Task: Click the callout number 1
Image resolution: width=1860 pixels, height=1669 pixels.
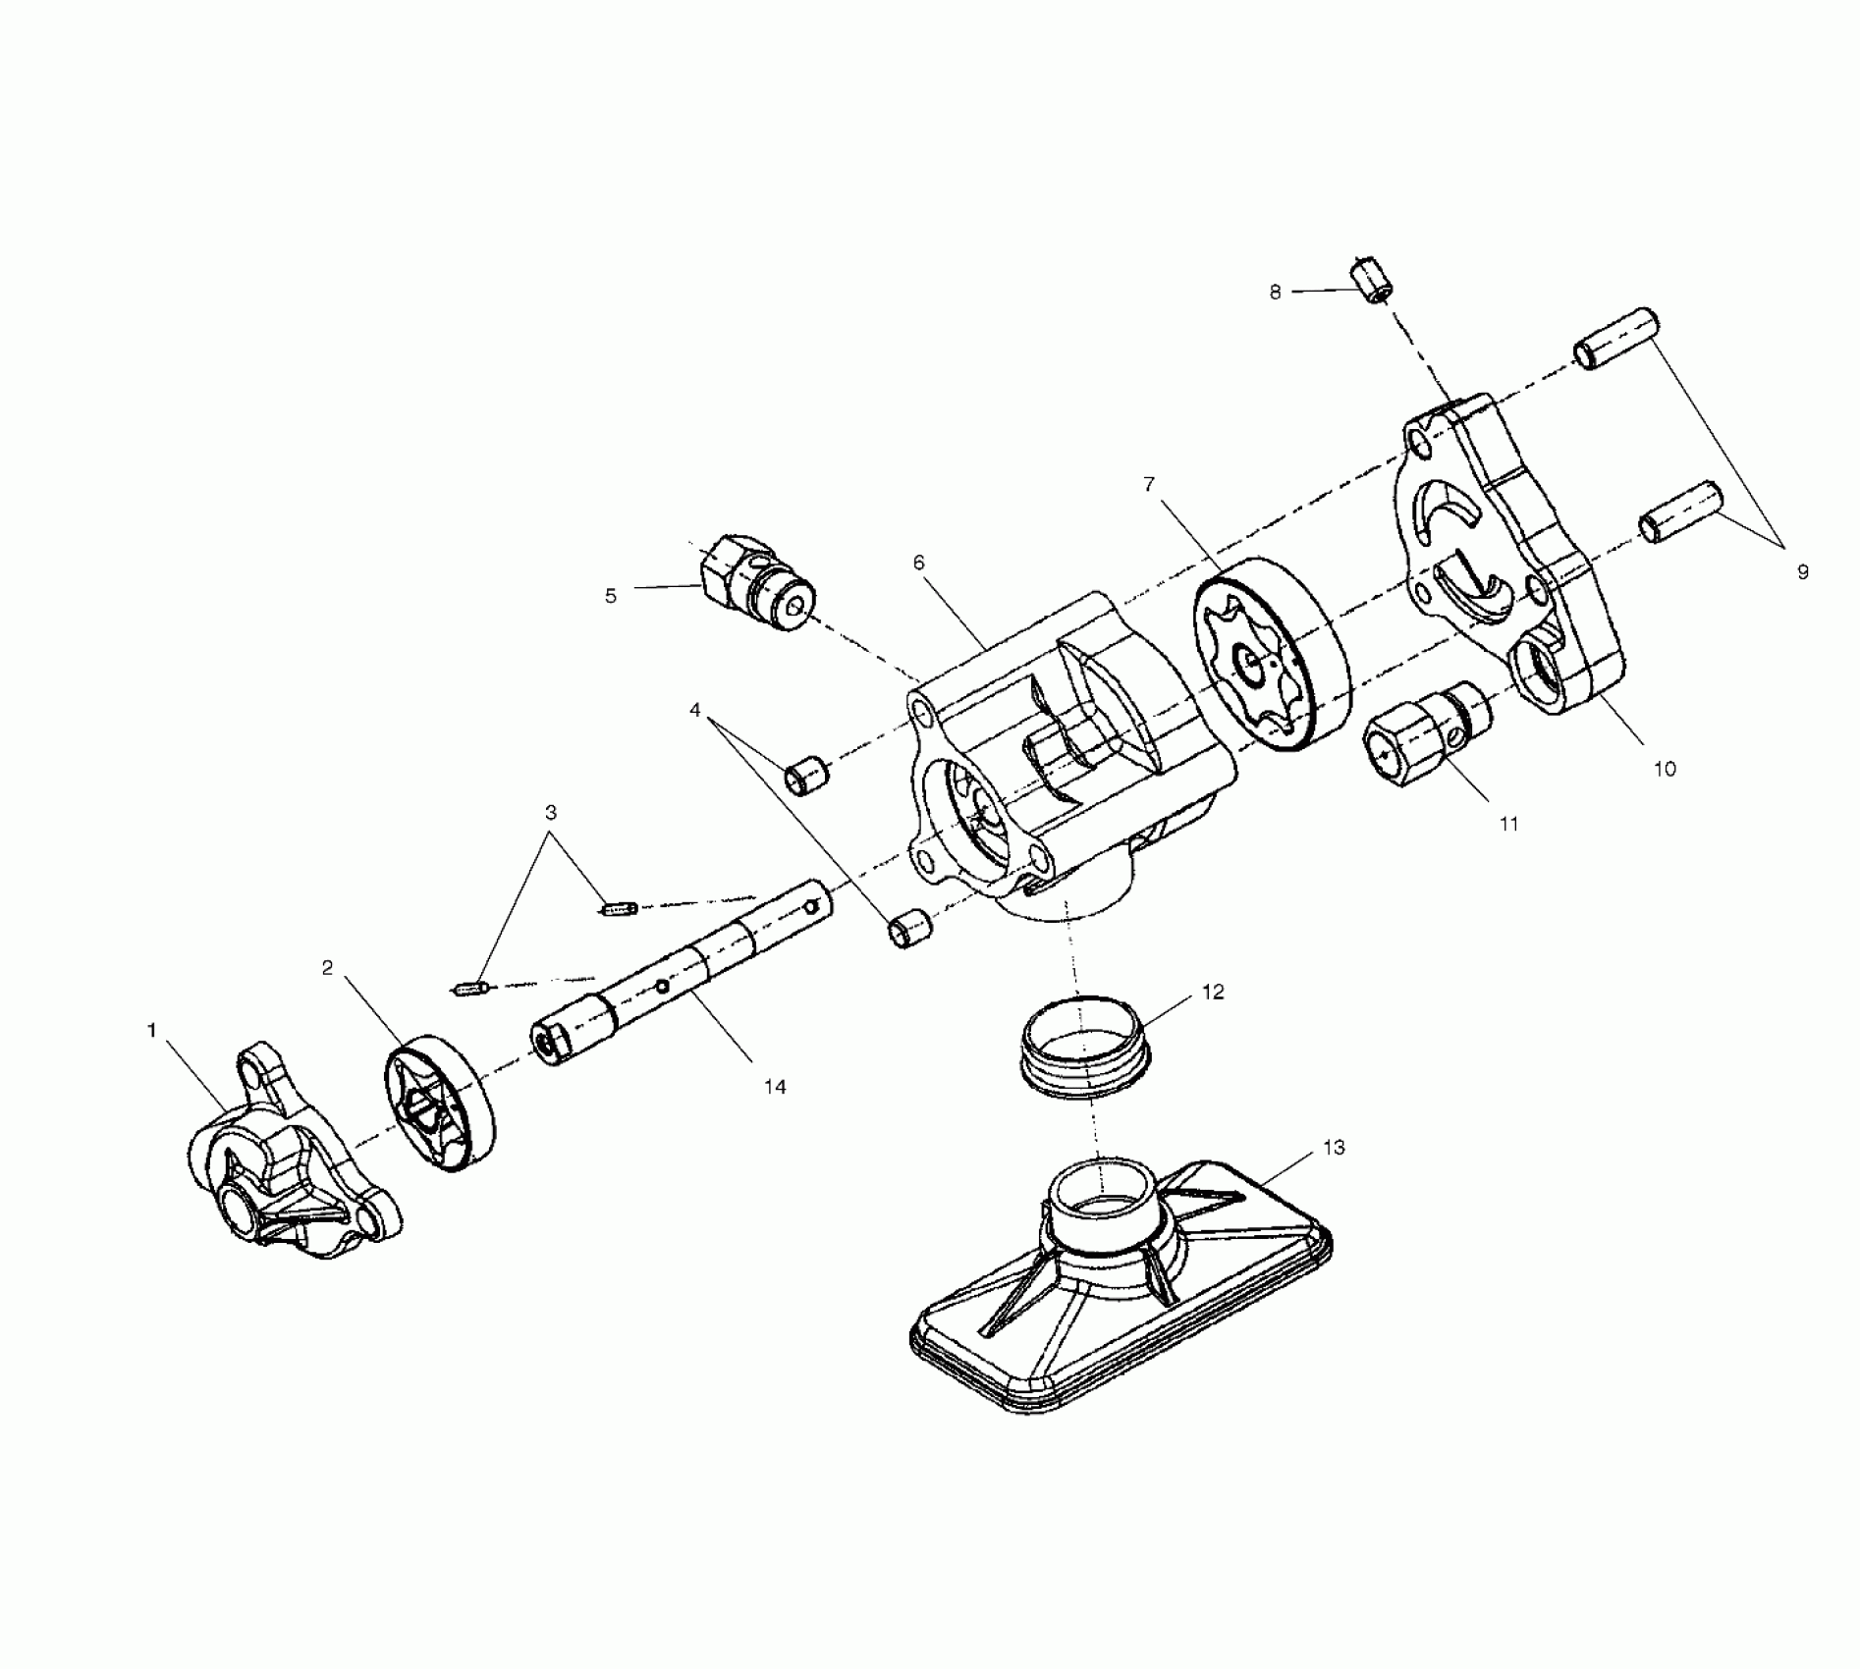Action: (x=152, y=1030)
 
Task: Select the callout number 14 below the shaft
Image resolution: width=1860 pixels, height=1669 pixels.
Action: (x=775, y=1087)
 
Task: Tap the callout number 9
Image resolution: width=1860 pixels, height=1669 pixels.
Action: (x=1802, y=571)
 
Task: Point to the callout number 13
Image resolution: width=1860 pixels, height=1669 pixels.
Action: (x=1333, y=1148)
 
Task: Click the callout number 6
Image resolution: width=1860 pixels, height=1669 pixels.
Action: (x=919, y=563)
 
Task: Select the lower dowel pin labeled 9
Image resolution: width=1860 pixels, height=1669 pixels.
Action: (x=1680, y=511)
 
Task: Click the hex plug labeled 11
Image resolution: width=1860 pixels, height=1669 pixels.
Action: (x=1419, y=740)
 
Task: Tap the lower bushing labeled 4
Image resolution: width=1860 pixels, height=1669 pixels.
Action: (x=909, y=929)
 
